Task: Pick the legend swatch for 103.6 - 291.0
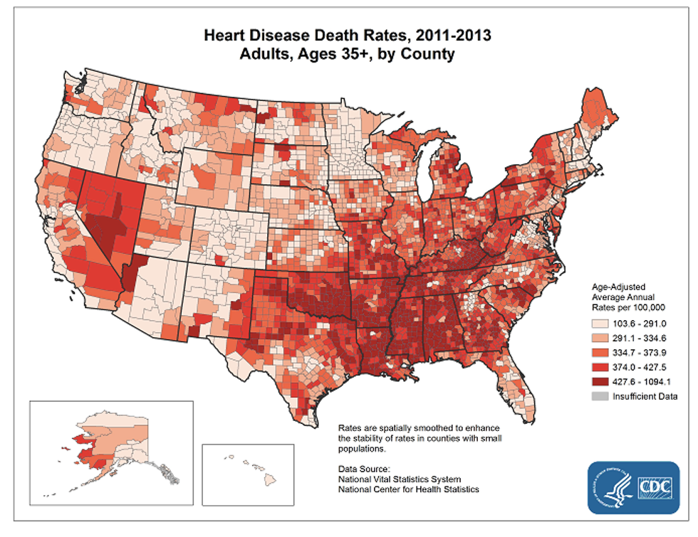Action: click(x=597, y=322)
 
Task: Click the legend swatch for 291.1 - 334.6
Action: click(x=597, y=337)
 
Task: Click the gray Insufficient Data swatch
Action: click(x=597, y=397)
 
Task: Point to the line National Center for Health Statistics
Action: click(x=409, y=489)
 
